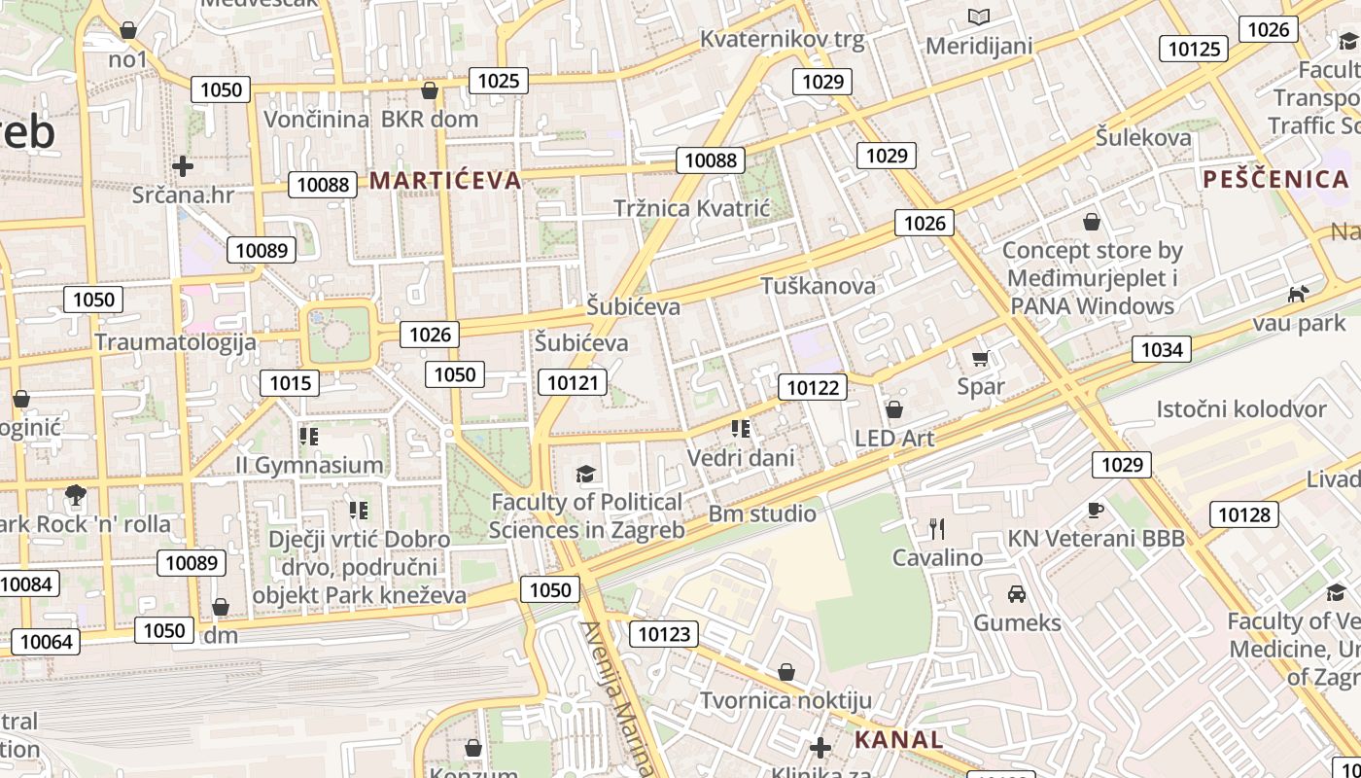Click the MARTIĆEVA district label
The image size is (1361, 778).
click(445, 180)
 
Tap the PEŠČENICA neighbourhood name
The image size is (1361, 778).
click(1275, 179)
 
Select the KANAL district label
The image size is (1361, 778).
click(898, 739)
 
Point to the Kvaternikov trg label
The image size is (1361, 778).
click(782, 40)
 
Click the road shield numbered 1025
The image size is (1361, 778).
click(499, 81)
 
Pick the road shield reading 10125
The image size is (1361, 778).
click(1194, 49)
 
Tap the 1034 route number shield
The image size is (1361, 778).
click(1162, 349)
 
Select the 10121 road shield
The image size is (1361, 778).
click(573, 382)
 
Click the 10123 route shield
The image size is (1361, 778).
click(664, 635)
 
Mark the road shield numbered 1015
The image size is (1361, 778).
click(290, 382)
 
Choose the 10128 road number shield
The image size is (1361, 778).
click(1244, 514)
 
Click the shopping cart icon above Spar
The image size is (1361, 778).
click(980, 358)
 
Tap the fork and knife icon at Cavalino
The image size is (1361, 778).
click(937, 529)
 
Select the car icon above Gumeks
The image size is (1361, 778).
click(1017, 593)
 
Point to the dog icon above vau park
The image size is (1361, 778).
click(1298, 294)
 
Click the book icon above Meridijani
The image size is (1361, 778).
click(979, 17)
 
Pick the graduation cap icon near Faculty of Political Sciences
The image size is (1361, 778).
click(585, 474)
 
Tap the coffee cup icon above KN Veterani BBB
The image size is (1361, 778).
click(1096, 510)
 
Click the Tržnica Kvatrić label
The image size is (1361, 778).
click(691, 208)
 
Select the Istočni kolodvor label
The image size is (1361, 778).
click(1240, 408)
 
